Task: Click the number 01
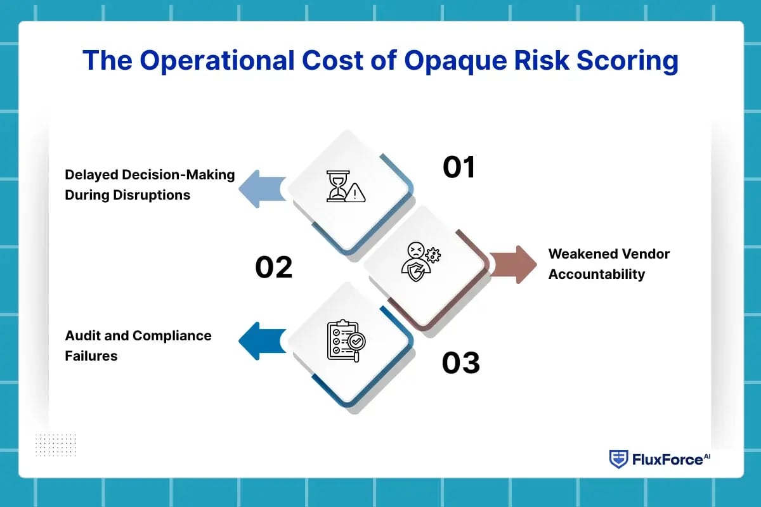click(x=459, y=167)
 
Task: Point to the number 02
click(x=274, y=267)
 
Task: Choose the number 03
click(x=460, y=363)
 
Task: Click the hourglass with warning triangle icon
click(x=346, y=186)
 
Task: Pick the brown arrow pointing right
click(x=513, y=264)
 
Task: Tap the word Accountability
click(x=596, y=274)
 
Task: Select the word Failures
click(x=91, y=356)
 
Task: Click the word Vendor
click(x=645, y=254)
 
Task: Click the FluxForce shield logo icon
click(x=618, y=459)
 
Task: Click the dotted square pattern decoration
click(x=55, y=444)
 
